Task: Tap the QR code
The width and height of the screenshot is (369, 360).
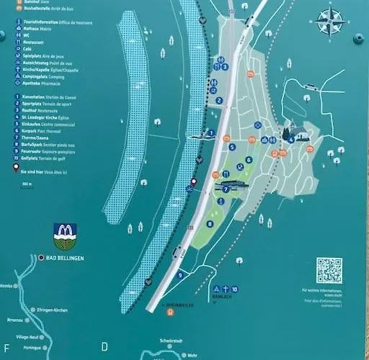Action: pos(329,270)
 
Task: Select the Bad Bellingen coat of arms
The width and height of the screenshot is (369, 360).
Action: pos(65,235)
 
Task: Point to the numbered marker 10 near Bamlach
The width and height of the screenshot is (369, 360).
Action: pos(234,289)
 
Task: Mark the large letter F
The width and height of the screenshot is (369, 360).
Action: pos(6,347)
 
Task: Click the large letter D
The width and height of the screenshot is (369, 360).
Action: pos(105,347)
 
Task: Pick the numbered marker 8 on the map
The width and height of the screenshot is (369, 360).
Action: pos(210,224)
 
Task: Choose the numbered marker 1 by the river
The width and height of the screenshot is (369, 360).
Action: pos(210,133)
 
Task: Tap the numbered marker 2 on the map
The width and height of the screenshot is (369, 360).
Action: pos(219,100)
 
